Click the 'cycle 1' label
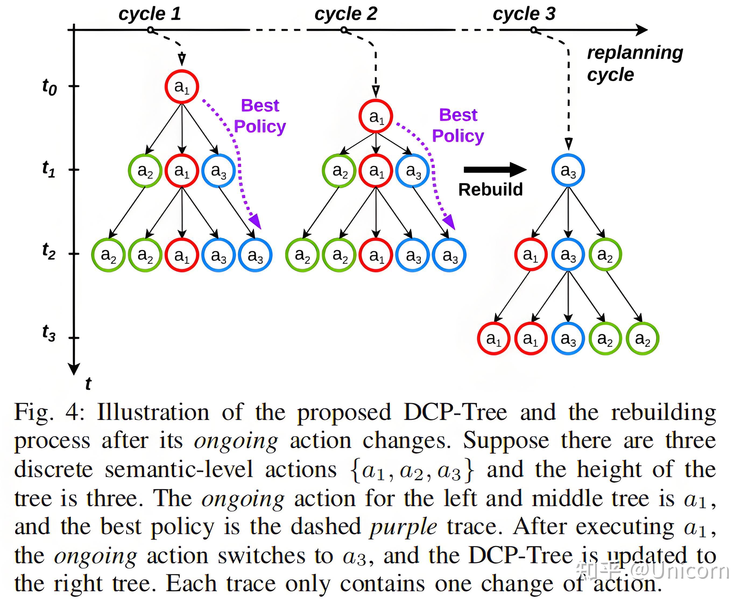click(150, 14)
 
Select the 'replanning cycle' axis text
click(635, 63)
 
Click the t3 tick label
click(49, 333)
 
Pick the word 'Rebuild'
click(490, 190)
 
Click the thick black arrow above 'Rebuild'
click(495, 170)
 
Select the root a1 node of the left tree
click(182, 86)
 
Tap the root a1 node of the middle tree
click(376, 116)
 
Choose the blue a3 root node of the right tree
click(568, 170)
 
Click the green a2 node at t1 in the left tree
click(145, 171)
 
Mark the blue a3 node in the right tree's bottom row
click(568, 338)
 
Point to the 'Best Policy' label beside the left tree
click(260, 116)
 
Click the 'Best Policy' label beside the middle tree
click(458, 125)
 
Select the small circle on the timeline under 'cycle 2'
click(344, 30)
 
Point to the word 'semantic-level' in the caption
click(179, 470)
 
